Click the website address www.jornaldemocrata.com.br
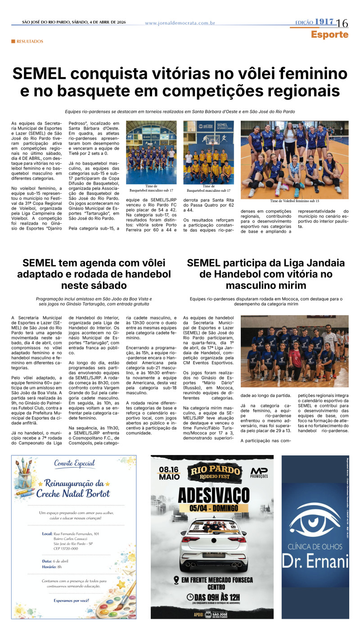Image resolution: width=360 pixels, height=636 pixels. click(x=180, y=23)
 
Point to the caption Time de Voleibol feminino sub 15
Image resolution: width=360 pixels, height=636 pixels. click(x=294, y=201)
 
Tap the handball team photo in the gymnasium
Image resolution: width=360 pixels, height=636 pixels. click(x=294, y=350)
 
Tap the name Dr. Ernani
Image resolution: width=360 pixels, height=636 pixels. click(x=315, y=560)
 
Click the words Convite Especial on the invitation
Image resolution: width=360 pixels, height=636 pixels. click(x=74, y=463)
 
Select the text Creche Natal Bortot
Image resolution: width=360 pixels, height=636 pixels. click(x=74, y=494)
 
